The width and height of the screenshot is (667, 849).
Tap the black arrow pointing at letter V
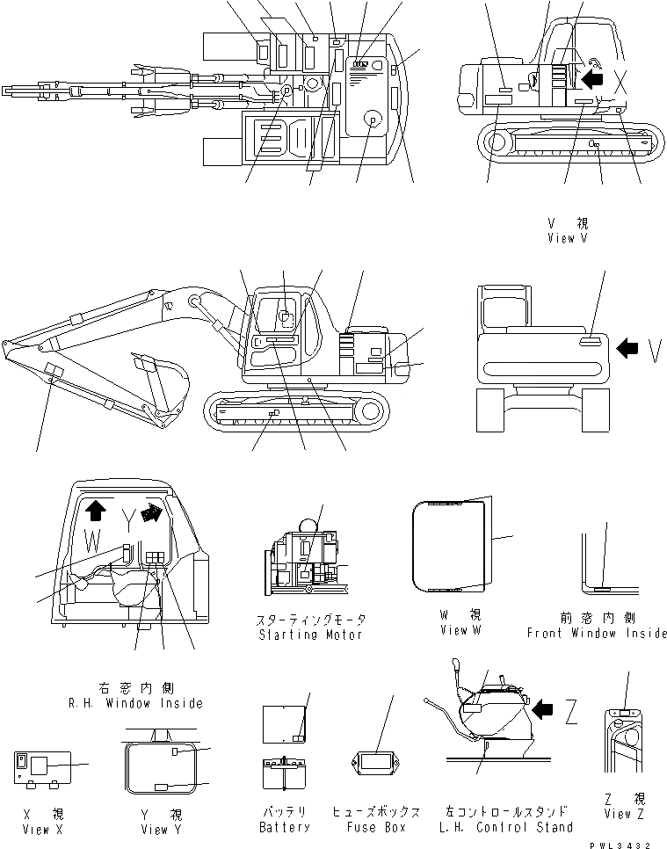[x=627, y=349]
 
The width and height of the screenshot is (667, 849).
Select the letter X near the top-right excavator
[x=621, y=83]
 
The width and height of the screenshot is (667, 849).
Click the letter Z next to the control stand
[x=570, y=715]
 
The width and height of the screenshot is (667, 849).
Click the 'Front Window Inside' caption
[x=598, y=633]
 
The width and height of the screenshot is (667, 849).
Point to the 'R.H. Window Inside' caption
[x=135, y=703]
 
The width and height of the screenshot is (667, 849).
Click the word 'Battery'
[x=285, y=827]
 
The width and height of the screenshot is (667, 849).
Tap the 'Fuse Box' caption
[x=375, y=827]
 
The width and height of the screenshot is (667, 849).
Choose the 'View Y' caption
[x=161, y=829]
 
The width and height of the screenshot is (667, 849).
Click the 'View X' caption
[x=36, y=829]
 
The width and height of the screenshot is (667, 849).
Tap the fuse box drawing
[x=373, y=763]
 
